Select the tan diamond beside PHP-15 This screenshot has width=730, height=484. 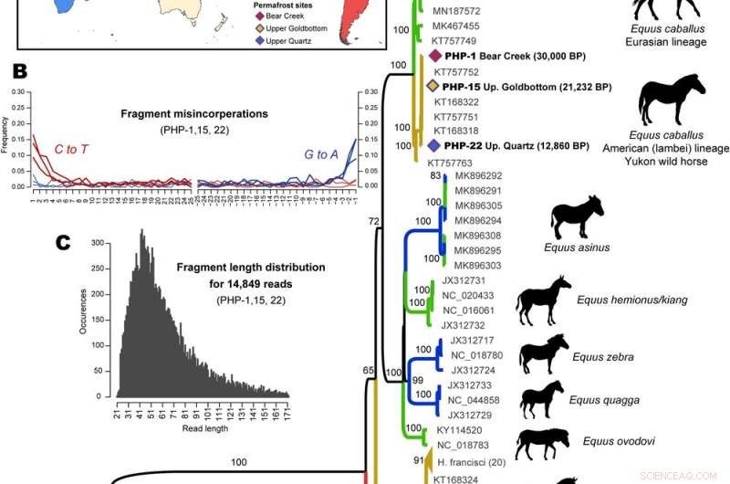click(433, 87)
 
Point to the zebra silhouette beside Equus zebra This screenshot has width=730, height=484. click(543, 353)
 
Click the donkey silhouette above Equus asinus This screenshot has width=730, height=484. click(577, 217)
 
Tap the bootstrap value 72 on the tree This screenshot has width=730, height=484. click(372, 222)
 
